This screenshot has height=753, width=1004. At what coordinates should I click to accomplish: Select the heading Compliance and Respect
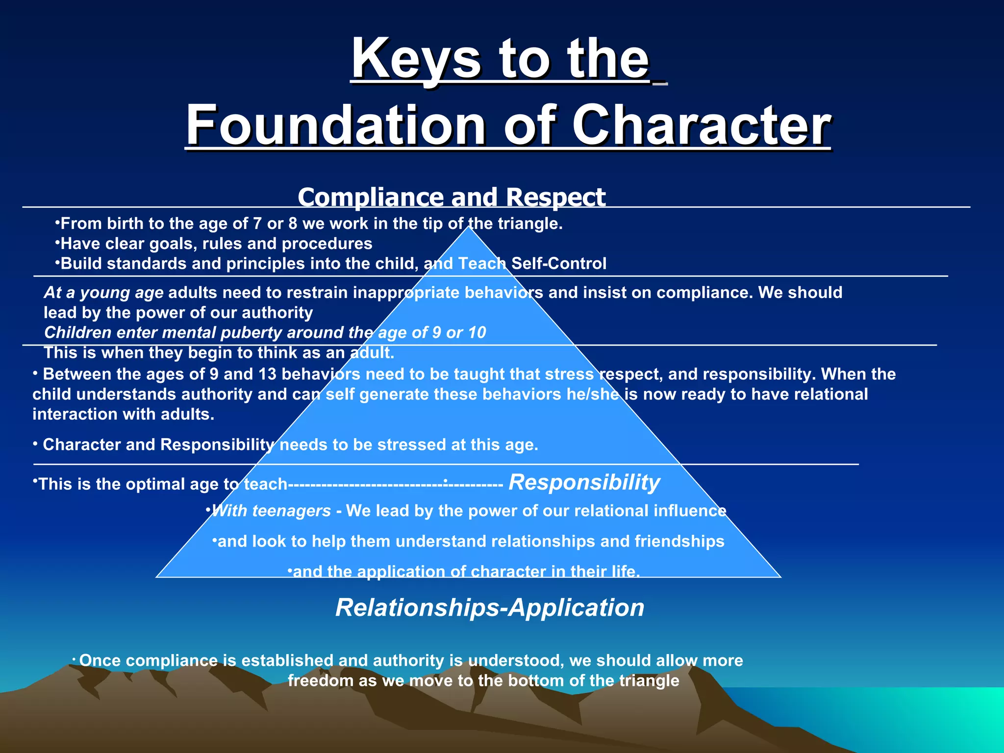click(x=452, y=197)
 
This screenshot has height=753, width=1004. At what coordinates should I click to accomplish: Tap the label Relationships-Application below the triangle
click(x=490, y=608)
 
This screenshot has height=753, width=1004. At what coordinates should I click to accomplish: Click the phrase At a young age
click(x=103, y=293)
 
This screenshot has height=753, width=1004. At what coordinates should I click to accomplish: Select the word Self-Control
click(x=559, y=264)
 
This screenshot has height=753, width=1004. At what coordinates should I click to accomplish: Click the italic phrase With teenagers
click(x=272, y=511)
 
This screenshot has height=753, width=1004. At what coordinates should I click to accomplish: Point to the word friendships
click(x=679, y=541)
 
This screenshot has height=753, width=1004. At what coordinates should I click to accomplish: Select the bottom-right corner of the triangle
click(x=780, y=577)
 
